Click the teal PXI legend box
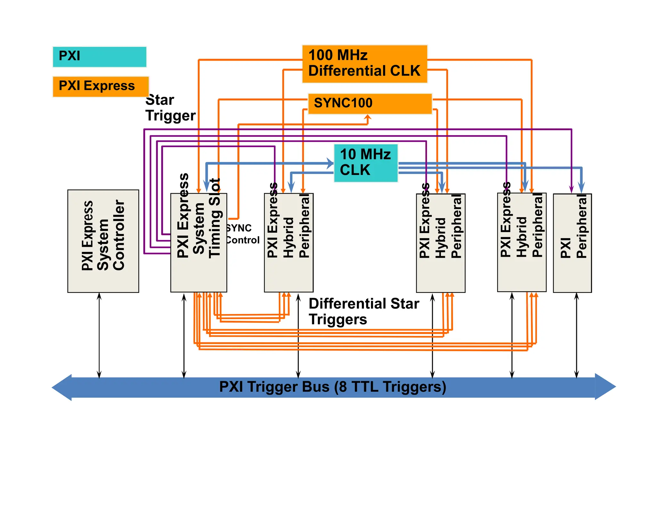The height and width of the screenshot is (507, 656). pyautogui.click(x=99, y=57)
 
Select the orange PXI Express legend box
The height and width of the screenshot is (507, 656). pyautogui.click(x=101, y=86)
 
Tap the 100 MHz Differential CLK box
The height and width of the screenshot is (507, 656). pyautogui.click(x=365, y=64)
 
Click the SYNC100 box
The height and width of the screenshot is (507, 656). pyautogui.click(x=370, y=104)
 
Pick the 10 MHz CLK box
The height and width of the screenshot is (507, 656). pyautogui.click(x=365, y=163)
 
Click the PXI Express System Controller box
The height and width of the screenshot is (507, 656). pyautogui.click(x=103, y=241)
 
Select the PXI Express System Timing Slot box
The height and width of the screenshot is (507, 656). pyautogui.click(x=199, y=243)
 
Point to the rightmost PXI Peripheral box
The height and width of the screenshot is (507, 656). pyautogui.click(x=572, y=243)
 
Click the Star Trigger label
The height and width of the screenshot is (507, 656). pyautogui.click(x=170, y=108)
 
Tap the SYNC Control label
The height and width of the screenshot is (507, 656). pyautogui.click(x=242, y=234)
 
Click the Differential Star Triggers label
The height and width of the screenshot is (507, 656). pyautogui.click(x=364, y=311)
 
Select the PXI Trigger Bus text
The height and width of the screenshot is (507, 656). pyautogui.click(x=332, y=386)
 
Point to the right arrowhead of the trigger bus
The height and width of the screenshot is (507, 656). pyautogui.click(x=605, y=386)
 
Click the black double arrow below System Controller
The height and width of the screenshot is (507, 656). pyautogui.click(x=99, y=335)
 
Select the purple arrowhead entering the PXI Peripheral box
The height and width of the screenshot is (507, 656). pyautogui.click(x=571, y=190)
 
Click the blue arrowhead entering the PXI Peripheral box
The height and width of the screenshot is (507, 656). pyautogui.click(x=581, y=187)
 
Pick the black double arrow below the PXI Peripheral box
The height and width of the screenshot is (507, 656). pyautogui.click(x=577, y=335)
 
